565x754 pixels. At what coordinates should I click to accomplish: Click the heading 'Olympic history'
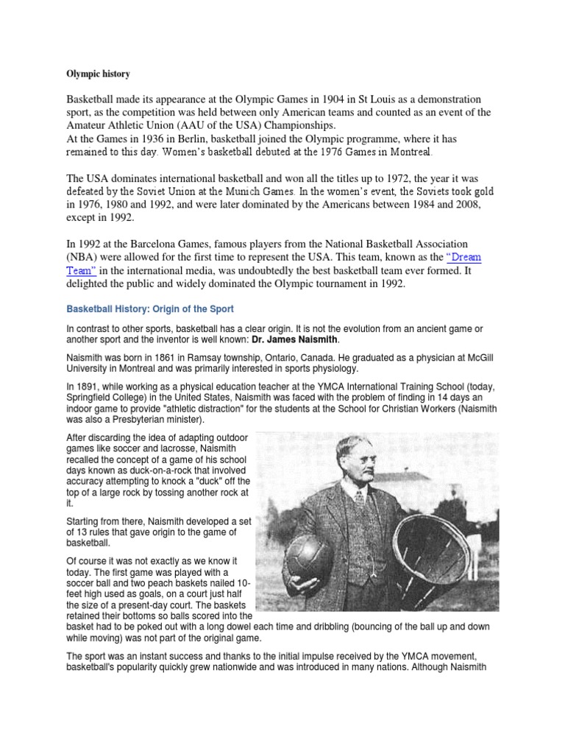[99, 74]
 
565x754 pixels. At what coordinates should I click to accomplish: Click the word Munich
[260, 191]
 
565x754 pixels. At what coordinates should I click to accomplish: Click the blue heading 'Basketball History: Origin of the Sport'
[150, 309]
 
